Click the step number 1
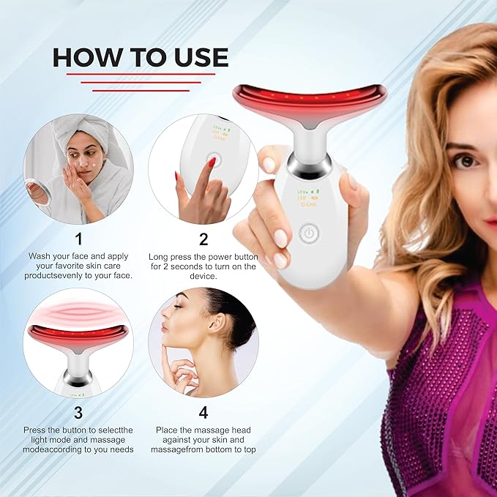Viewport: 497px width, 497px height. [x=79, y=239]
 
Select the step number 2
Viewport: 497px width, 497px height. [x=203, y=239]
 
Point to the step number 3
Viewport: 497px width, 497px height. [x=79, y=411]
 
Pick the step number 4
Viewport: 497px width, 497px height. [x=203, y=411]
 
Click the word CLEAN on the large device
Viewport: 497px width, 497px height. [x=307, y=205]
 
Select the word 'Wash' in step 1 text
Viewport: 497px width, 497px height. [x=41, y=256]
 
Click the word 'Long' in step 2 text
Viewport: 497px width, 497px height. [x=160, y=256]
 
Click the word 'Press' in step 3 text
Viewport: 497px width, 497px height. [x=37, y=429]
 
